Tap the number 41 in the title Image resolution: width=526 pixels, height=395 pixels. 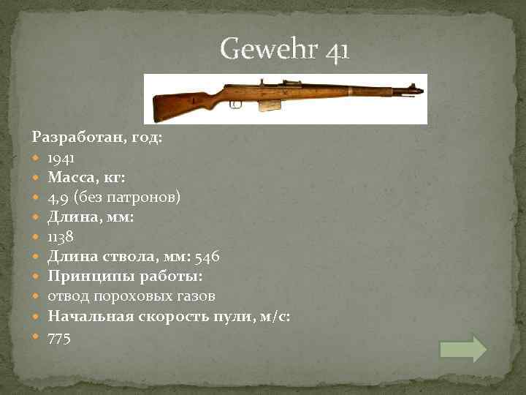338,50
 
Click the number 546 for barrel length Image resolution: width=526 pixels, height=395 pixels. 204,256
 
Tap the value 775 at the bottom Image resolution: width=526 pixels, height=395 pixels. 59,338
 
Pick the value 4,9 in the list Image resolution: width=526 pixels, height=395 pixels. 58,197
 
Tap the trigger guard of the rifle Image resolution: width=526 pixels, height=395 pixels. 235,105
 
